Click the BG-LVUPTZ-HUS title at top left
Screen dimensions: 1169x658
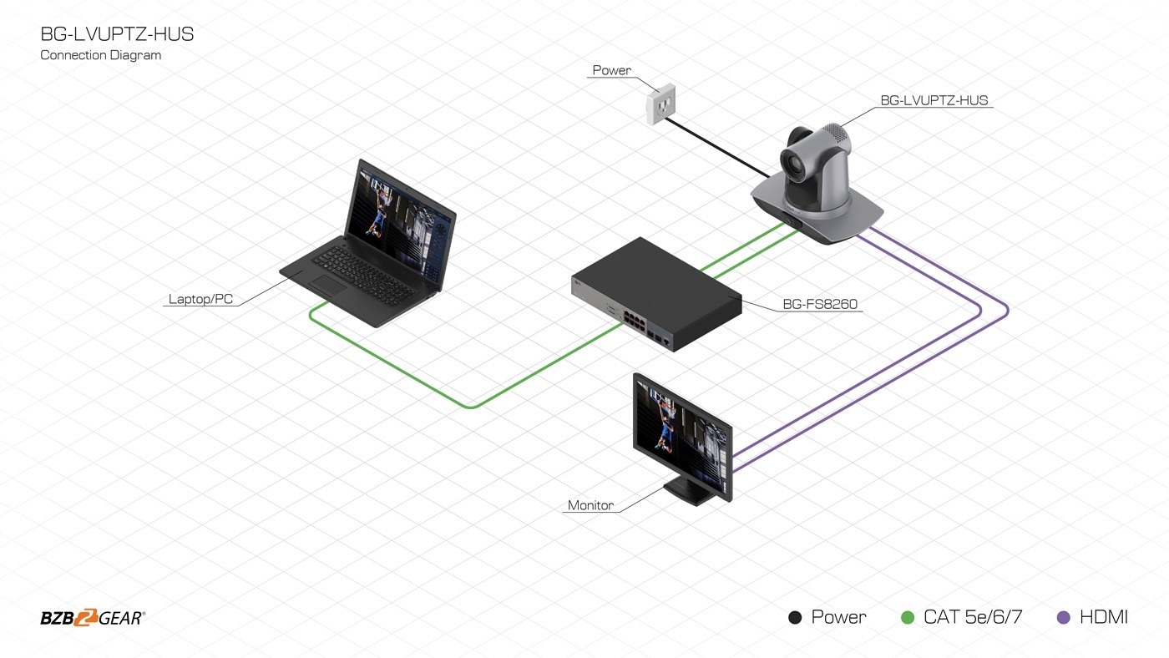click(x=117, y=34)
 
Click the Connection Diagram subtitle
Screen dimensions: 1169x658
click(x=101, y=55)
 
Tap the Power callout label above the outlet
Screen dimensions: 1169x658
click(x=611, y=70)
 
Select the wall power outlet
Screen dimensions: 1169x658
click(x=661, y=104)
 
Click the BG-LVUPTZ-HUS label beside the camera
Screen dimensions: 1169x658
click(x=934, y=100)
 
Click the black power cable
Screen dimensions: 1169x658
click(x=716, y=148)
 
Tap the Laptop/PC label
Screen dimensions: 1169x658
click(x=200, y=299)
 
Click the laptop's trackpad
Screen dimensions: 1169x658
click(x=327, y=286)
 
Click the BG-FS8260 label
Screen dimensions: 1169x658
click(x=820, y=304)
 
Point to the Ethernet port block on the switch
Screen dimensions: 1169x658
click(x=634, y=319)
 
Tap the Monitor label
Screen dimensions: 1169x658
click(x=591, y=505)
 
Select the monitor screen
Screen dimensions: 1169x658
click(x=681, y=435)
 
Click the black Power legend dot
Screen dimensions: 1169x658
click(x=795, y=618)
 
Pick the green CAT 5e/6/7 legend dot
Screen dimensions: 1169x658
click(x=908, y=618)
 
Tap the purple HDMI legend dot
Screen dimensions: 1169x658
click(x=1063, y=618)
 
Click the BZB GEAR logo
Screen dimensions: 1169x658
click(x=93, y=618)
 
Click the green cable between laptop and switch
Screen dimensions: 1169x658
click(x=469, y=406)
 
